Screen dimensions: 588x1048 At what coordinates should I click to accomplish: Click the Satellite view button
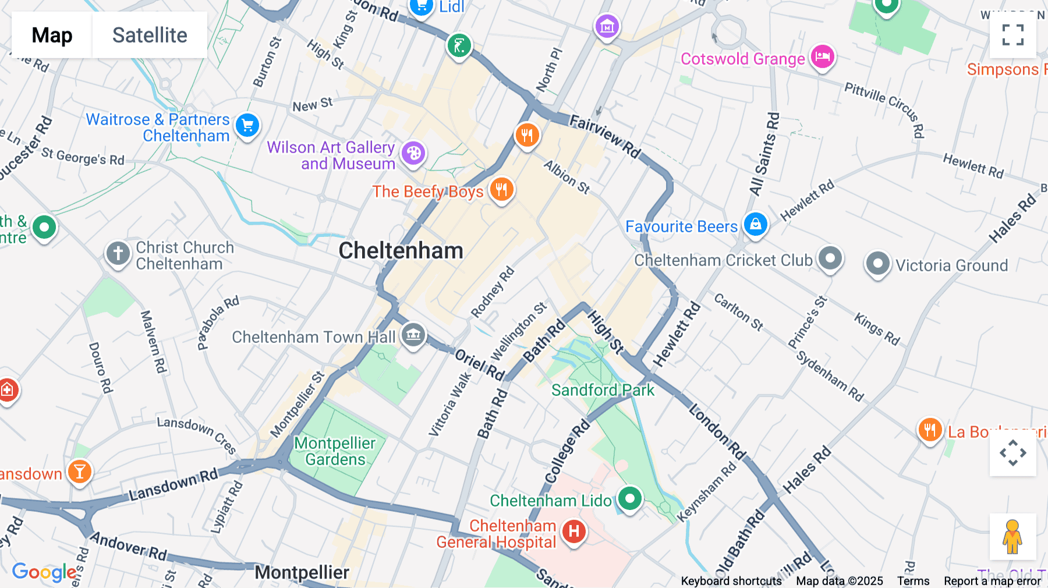pyautogui.click(x=150, y=35)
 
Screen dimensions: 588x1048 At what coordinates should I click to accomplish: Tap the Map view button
pyautogui.click(x=52, y=35)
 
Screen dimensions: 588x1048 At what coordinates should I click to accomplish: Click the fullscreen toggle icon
pyautogui.click(x=1012, y=35)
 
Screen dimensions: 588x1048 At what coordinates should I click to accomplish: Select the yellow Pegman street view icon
pyautogui.click(x=1012, y=536)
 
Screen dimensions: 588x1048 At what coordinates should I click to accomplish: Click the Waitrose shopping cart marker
pyautogui.click(x=247, y=125)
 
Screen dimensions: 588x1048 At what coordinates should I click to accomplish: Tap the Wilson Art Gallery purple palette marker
pyautogui.click(x=413, y=154)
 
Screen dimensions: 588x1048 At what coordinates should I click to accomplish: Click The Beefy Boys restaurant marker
pyautogui.click(x=501, y=190)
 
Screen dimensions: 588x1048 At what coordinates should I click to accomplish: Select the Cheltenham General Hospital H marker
pyautogui.click(x=574, y=531)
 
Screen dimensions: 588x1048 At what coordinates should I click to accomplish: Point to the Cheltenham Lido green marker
pyautogui.click(x=629, y=498)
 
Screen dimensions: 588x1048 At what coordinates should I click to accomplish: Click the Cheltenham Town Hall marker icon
pyautogui.click(x=413, y=335)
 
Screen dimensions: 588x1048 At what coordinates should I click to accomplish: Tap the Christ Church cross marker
pyautogui.click(x=118, y=254)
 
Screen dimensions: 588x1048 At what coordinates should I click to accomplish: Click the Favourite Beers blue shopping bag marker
pyautogui.click(x=756, y=224)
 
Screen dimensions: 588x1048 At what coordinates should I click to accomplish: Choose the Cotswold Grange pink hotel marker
pyautogui.click(x=823, y=56)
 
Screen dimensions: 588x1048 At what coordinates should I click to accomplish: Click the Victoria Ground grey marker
pyautogui.click(x=877, y=264)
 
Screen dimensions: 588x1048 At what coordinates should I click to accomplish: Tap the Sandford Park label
pyautogui.click(x=603, y=390)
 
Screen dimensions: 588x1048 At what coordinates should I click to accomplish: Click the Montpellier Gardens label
pyautogui.click(x=335, y=451)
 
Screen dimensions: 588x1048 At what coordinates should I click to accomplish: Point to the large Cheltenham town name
pyautogui.click(x=401, y=251)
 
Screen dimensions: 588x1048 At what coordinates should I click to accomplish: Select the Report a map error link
pyautogui.click(x=992, y=581)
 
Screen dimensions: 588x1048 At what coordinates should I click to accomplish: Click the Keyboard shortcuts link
pyautogui.click(x=731, y=581)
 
